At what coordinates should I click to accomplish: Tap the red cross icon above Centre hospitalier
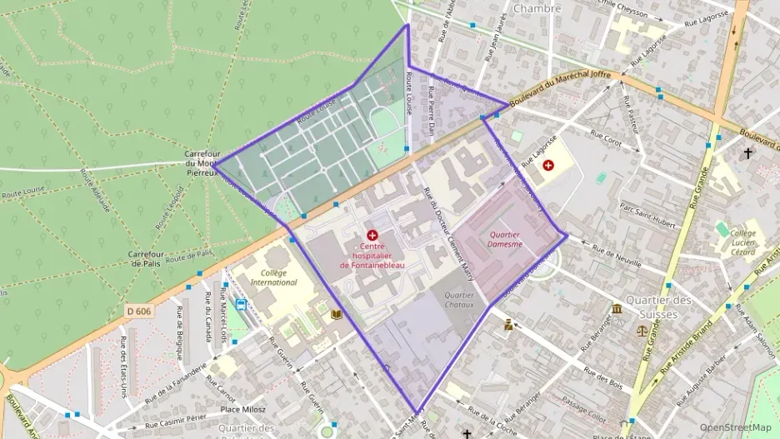[372, 236]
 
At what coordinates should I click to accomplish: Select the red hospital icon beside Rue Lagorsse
[548, 165]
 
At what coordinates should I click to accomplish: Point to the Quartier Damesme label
[506, 240]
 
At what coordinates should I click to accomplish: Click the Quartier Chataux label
[459, 300]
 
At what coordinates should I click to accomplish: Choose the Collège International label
[273, 277]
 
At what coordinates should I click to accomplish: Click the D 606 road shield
[140, 311]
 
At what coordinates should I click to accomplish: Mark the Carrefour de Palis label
[149, 258]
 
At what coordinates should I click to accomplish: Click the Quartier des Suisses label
[658, 307]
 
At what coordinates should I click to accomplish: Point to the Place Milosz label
[243, 410]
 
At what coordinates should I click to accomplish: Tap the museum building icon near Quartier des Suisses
[617, 309]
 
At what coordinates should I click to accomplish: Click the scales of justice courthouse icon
[641, 330]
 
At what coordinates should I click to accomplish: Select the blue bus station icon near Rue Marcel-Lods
[241, 305]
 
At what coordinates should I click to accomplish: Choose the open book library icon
[337, 315]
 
